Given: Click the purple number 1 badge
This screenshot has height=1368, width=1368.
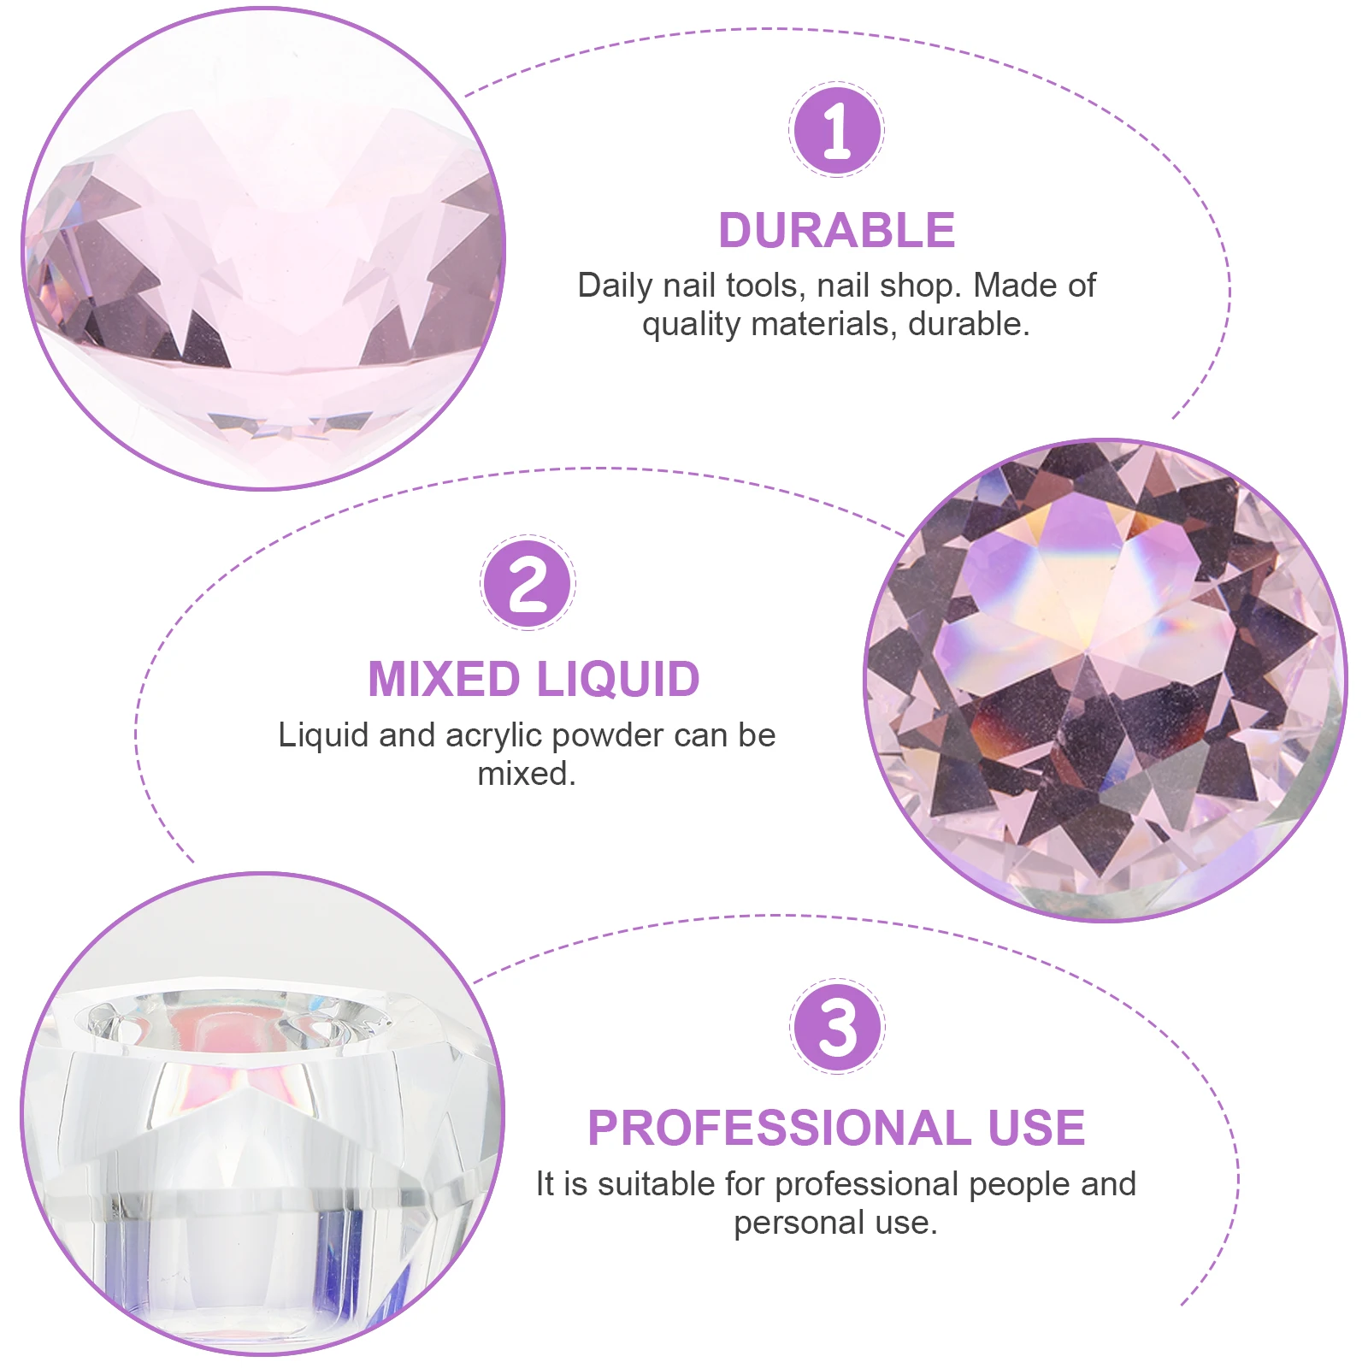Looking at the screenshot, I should click(836, 130).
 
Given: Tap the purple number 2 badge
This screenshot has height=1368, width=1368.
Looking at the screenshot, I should click(528, 583).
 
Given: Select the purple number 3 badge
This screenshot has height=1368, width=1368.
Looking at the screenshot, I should click(837, 1026).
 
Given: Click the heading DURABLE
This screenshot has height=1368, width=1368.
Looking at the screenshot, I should click(836, 231).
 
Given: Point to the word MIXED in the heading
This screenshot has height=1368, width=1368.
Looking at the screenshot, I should click(444, 680).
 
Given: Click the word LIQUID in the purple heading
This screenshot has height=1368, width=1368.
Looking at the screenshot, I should click(618, 680).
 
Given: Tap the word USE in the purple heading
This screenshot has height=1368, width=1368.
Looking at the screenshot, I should click(1036, 1128).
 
